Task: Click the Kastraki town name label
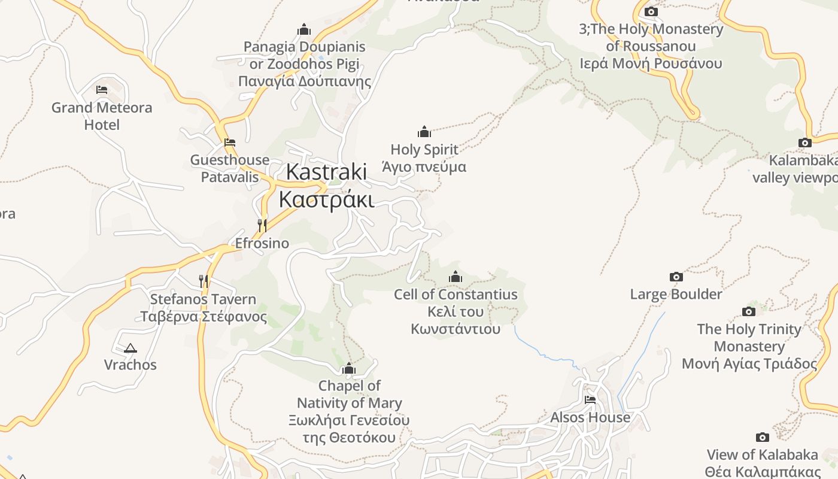326,185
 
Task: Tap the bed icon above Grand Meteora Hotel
102,90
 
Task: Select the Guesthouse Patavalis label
229,168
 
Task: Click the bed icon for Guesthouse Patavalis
229,143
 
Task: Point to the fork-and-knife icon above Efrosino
262,225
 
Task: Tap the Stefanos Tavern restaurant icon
204,280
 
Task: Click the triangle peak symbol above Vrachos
130,348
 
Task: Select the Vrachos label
130,365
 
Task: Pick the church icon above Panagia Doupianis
304,29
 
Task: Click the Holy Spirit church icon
424,132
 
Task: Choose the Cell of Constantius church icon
456,277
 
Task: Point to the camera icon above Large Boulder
676,277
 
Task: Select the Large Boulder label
676,294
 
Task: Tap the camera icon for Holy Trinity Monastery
748,311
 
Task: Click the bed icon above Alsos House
590,399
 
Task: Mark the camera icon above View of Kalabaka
762,437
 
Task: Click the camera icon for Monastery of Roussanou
651,11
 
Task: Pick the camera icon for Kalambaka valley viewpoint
804,143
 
